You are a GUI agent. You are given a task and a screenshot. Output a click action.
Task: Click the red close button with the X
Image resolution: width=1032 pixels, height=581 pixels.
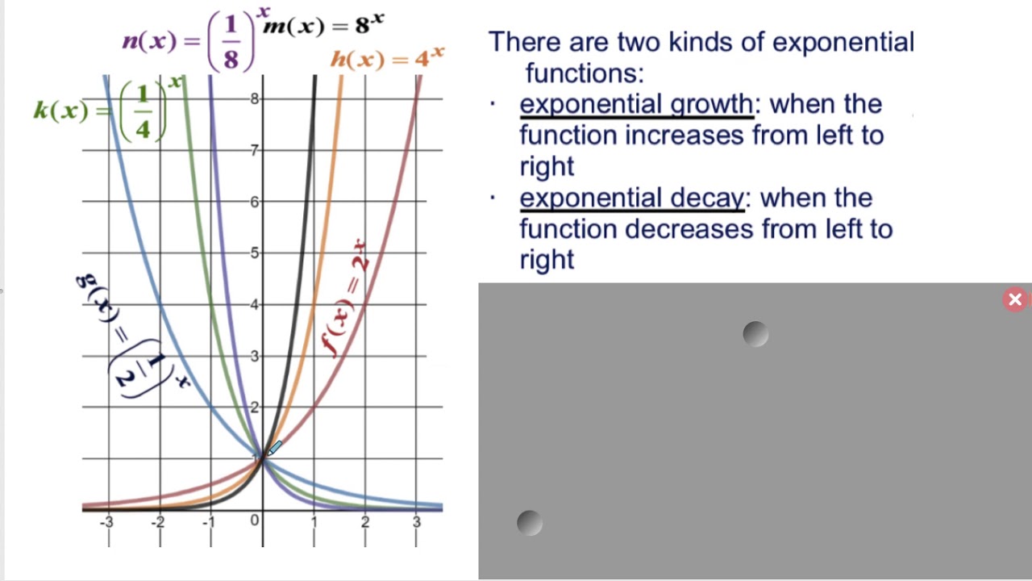click(x=1015, y=300)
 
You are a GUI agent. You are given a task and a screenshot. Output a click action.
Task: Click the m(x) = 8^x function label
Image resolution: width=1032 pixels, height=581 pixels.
click(x=322, y=26)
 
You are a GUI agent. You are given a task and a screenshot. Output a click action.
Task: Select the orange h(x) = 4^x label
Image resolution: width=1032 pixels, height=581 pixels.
click(x=387, y=58)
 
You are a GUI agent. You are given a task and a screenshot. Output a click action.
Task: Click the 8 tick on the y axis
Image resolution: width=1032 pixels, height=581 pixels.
click(x=255, y=98)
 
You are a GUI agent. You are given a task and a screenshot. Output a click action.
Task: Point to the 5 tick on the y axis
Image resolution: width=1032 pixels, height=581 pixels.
click(x=255, y=253)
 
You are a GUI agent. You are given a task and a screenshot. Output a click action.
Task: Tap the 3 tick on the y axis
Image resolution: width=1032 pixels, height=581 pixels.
click(x=255, y=356)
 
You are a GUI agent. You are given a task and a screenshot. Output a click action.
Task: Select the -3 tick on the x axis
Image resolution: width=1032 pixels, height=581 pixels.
click(x=106, y=523)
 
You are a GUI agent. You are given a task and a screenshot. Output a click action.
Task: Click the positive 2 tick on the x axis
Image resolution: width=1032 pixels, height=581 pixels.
click(x=365, y=523)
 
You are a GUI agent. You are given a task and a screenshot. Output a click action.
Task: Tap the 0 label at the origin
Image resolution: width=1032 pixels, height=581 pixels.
click(x=255, y=520)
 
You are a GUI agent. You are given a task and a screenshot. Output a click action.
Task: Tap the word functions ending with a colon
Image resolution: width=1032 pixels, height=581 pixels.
click(x=585, y=73)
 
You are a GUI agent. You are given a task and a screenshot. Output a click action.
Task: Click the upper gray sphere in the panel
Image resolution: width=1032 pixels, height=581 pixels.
click(x=755, y=334)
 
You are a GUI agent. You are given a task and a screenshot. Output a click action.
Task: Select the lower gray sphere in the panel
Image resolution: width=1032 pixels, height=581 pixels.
click(x=529, y=523)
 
